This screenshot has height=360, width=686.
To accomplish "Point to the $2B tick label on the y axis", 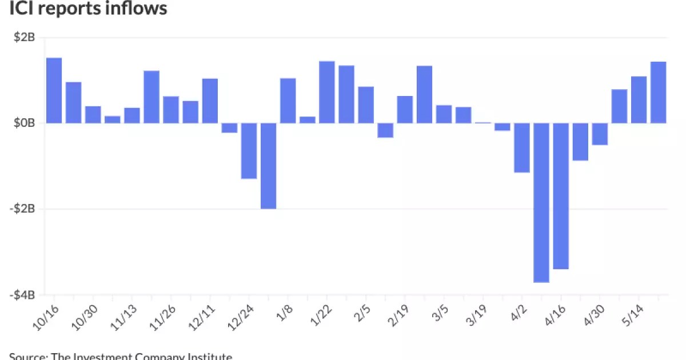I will click(23, 38).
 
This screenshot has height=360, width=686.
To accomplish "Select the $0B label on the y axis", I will click(23, 123).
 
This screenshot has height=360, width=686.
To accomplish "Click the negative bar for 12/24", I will click(249, 151).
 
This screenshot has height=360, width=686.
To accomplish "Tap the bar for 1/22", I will click(326, 92).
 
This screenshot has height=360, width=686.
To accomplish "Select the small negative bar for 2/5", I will click(385, 130).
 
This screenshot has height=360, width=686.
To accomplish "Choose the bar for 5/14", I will click(639, 99).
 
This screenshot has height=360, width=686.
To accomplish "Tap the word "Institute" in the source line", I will click(212, 356).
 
